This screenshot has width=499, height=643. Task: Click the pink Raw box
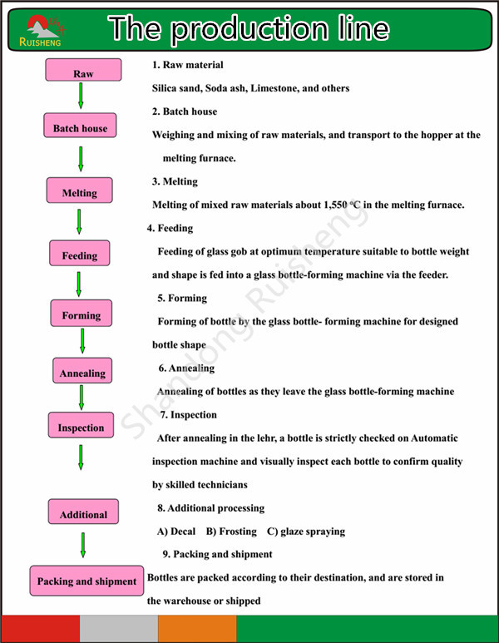(x=83, y=70)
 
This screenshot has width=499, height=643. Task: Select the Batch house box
(x=80, y=126)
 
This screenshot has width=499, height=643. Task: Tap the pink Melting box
(x=80, y=190)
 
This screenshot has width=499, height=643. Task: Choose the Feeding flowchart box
(x=80, y=253)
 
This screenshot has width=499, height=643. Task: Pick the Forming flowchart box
(x=82, y=314)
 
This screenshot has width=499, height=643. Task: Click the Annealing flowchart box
(x=82, y=371)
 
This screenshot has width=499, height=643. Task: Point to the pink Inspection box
(x=81, y=425)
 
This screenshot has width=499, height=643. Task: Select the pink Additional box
(x=83, y=512)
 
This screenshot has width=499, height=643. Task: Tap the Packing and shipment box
(x=86, y=581)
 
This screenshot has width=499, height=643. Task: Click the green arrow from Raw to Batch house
(x=81, y=96)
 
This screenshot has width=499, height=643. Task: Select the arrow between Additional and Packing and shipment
(x=83, y=545)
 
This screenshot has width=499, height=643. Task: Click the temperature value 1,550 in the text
(x=335, y=205)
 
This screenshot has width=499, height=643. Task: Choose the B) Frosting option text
(x=231, y=532)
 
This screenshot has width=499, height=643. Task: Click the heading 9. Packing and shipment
(x=217, y=555)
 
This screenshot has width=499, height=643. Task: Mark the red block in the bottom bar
(x=40, y=629)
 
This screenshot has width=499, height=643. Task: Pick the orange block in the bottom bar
(x=197, y=629)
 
